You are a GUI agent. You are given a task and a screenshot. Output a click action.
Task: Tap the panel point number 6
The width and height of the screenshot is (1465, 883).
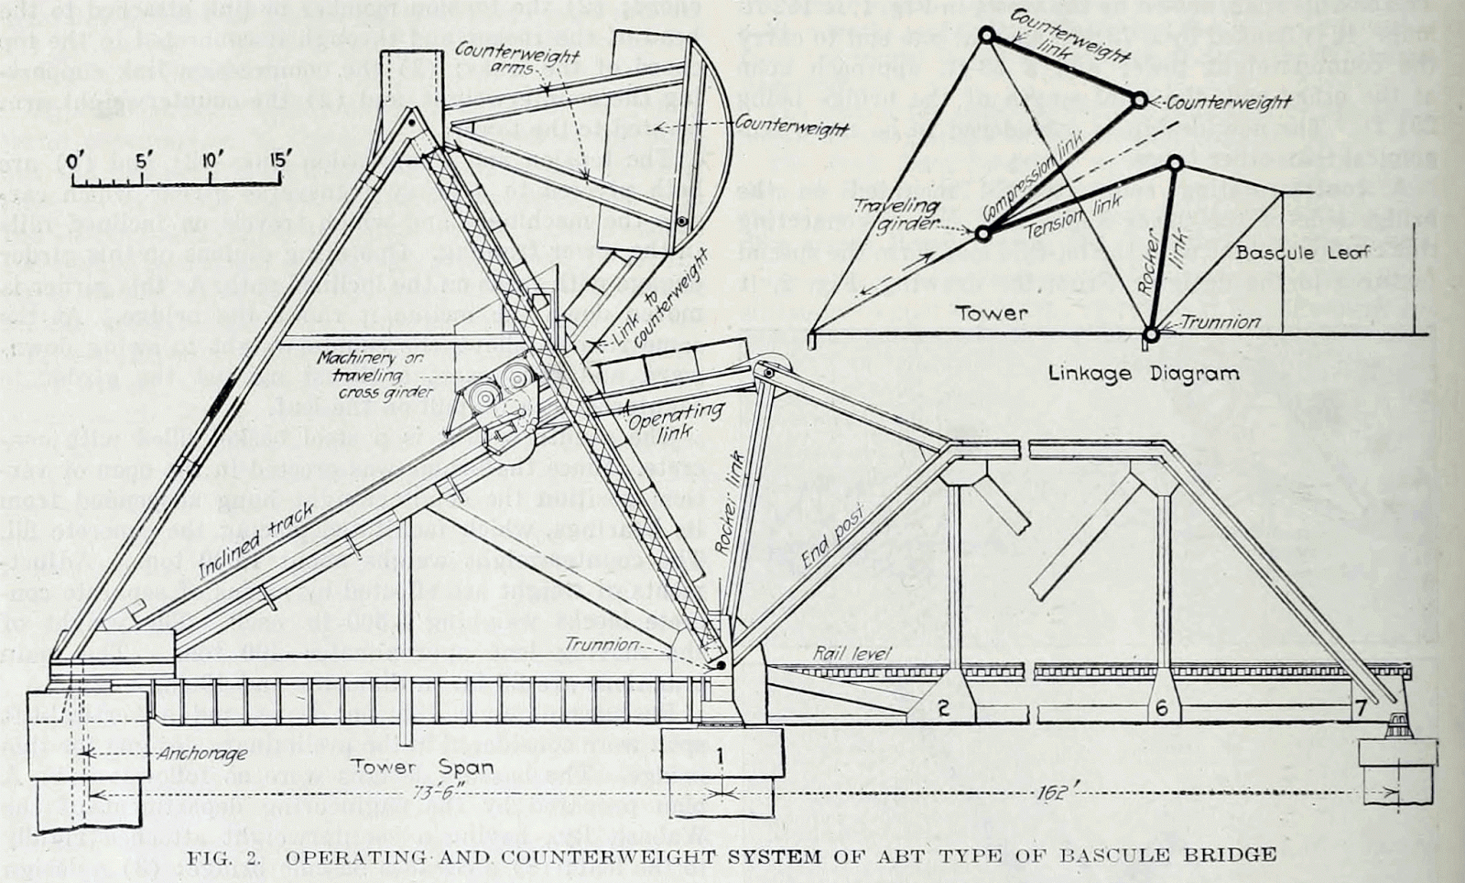(1161, 708)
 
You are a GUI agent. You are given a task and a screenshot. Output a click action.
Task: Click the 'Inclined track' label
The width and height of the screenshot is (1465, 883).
(257, 541)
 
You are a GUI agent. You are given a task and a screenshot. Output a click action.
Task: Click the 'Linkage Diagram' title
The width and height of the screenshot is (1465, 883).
(1144, 373)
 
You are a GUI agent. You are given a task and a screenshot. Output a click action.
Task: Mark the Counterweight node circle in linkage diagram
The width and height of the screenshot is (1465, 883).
(1138, 101)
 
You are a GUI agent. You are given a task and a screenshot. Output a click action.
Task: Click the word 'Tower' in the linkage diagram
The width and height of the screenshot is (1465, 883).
(992, 313)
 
